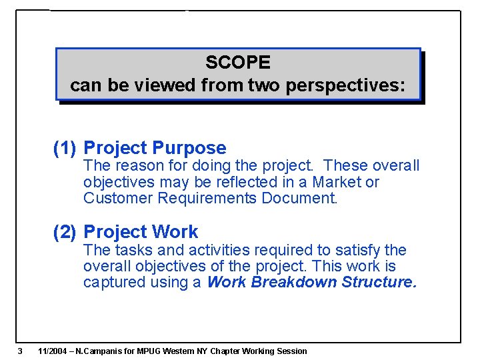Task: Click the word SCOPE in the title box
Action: point(238,63)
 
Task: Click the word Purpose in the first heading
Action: point(189,148)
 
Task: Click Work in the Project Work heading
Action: point(175,232)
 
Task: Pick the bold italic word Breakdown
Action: point(293,282)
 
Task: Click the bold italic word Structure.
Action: point(379,282)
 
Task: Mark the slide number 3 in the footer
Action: point(21,351)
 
